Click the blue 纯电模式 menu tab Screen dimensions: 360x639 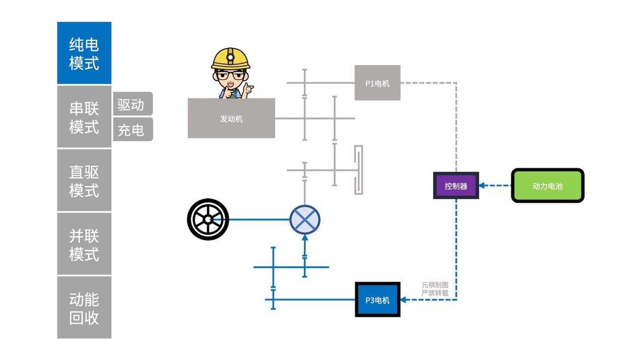(84, 53)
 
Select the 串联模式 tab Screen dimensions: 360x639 (84, 117)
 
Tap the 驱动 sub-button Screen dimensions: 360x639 (132, 104)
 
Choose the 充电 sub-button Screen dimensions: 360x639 (132, 130)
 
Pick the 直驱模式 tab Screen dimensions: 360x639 (84, 181)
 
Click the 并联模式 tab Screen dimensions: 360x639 (84, 244)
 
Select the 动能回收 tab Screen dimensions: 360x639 (84, 308)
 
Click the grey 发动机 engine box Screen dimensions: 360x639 (231, 118)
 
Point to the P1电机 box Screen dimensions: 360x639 (377, 83)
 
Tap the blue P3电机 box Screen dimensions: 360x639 (377, 299)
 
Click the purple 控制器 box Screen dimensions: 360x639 (456, 186)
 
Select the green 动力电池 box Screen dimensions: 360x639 (548, 186)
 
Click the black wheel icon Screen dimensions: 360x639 (208, 219)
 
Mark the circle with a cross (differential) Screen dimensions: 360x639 (305, 220)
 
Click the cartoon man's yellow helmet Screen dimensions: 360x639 (231, 58)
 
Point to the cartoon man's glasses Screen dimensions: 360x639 (231, 75)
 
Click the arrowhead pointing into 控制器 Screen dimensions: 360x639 (482, 186)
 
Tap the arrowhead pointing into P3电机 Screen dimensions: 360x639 (404, 299)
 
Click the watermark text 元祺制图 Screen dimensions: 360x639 (435, 285)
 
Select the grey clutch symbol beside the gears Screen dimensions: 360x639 (358, 170)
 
